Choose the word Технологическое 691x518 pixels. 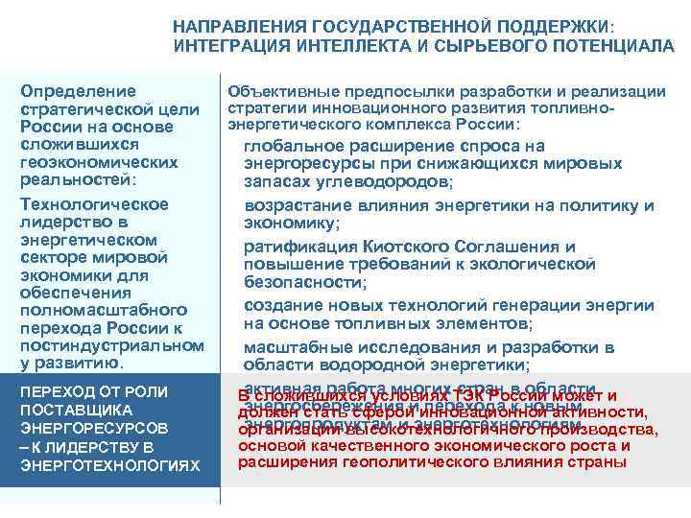[94, 203]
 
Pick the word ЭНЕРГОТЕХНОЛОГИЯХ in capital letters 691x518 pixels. [109, 465]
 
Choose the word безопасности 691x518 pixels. [304, 282]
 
